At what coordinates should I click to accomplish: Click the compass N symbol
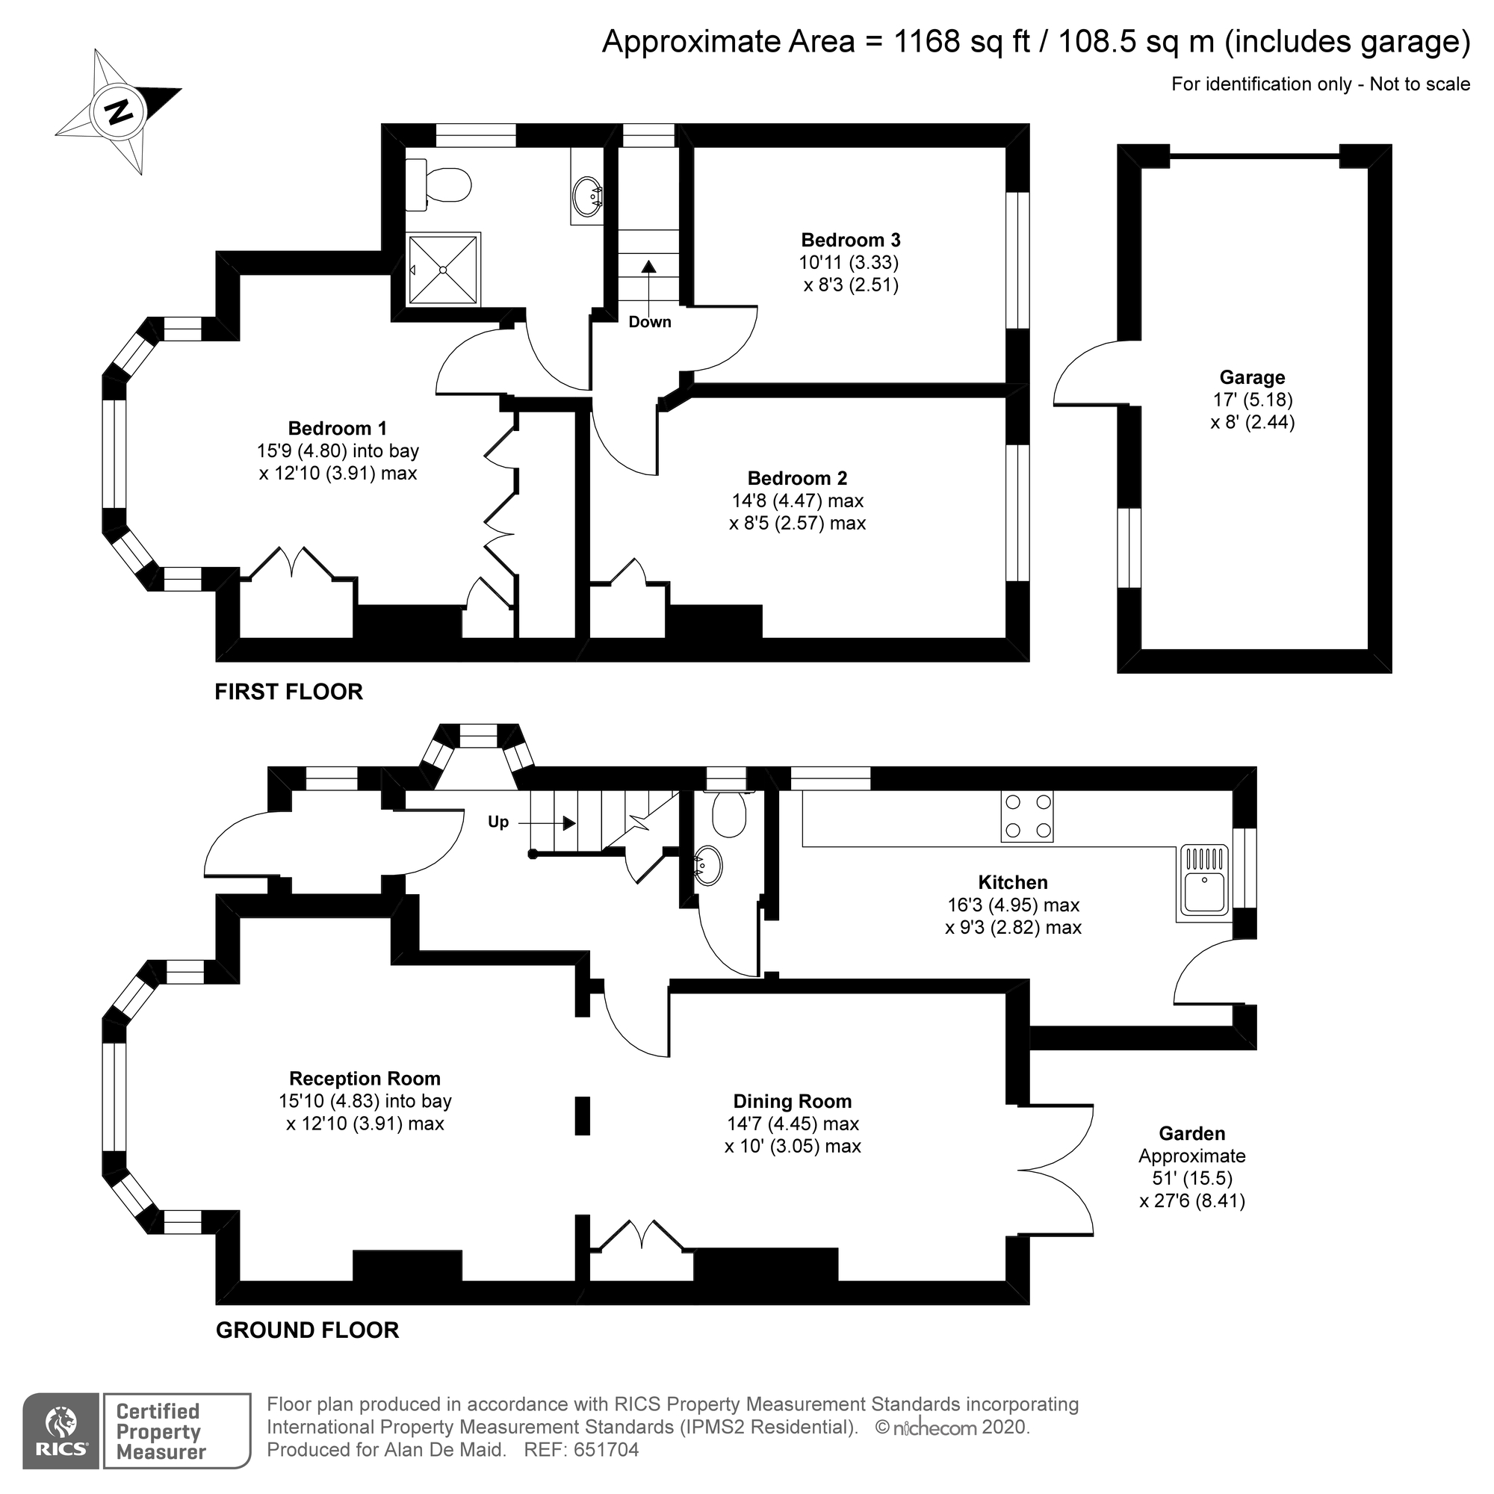click(x=118, y=113)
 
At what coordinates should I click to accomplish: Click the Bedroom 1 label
click(x=337, y=428)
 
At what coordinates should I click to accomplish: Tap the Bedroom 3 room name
click(x=851, y=240)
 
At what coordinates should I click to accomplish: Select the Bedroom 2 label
click(x=797, y=478)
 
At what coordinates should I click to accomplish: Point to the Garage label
click(x=1252, y=377)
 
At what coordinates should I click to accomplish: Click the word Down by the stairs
click(x=650, y=323)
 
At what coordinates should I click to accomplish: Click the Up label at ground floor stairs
click(x=498, y=822)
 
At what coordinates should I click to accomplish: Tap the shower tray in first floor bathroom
click(x=444, y=269)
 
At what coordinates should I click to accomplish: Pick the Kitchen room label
click(x=1012, y=882)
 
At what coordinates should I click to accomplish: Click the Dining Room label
click(x=792, y=1101)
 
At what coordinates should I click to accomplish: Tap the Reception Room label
click(x=365, y=1079)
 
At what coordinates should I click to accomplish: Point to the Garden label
click(x=1191, y=1134)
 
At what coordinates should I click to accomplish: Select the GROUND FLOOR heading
click(x=307, y=1330)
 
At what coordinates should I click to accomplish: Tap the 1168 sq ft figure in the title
click(x=962, y=41)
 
